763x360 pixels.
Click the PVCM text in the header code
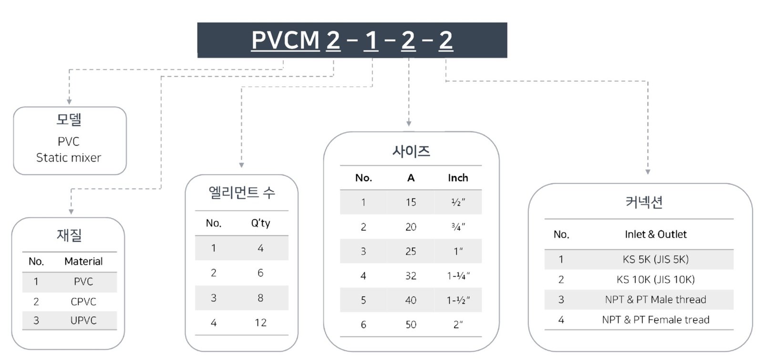286,40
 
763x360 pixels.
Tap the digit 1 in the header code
371,40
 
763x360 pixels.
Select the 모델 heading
69,120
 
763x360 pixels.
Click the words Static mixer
69,158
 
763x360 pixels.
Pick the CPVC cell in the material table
83,301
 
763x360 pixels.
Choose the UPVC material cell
83,320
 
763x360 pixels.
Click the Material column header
83,261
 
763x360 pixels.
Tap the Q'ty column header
260,223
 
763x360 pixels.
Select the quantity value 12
260,322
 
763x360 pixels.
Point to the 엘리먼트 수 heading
242,193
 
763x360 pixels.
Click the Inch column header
458,178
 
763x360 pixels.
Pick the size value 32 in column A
411,276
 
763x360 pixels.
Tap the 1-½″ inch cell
458,300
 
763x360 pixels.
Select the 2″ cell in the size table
458,325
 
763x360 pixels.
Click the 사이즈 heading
411,151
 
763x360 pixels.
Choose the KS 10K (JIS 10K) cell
656,279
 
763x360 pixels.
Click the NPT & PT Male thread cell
656,299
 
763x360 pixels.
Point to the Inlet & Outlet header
656,234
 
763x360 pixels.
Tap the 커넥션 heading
644,202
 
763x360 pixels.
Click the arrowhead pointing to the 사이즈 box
409,123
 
